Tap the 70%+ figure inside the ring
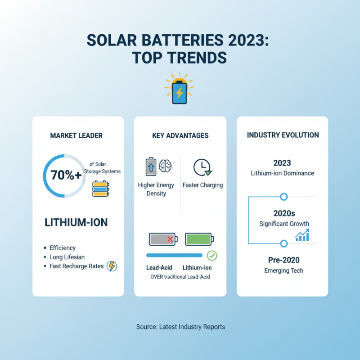[66, 175]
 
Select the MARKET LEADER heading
[76, 135]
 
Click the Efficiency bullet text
[63, 248]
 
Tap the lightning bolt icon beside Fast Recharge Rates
[112, 266]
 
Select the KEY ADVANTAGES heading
[180, 135]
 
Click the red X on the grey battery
[170, 239]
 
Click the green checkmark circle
[211, 256]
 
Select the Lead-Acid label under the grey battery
[159, 268]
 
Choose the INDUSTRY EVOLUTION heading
[283, 135]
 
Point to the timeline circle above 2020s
[283, 197]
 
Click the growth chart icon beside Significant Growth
[301, 234]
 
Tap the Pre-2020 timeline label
[283, 260]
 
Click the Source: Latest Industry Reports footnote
[180, 327]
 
